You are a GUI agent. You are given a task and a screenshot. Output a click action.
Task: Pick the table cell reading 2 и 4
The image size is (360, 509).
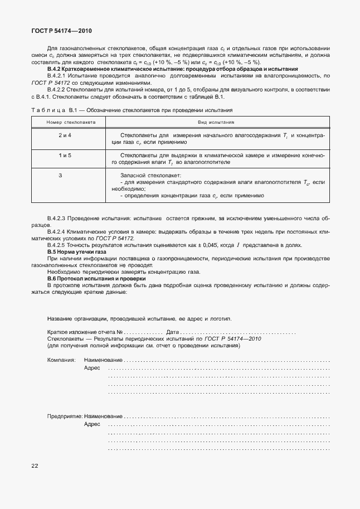(x=65, y=135)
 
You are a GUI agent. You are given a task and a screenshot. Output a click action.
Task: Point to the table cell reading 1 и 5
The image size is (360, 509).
(x=65, y=156)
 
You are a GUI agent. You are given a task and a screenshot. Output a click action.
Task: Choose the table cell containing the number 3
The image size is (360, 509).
(x=60, y=176)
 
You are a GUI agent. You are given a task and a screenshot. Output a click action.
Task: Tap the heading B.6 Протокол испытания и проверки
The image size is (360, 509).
(x=97, y=278)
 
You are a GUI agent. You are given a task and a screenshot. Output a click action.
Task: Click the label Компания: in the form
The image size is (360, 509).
(x=61, y=360)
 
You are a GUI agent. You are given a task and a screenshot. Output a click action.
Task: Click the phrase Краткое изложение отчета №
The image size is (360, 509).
(x=85, y=332)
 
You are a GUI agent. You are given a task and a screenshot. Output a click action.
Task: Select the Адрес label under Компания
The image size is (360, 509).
(x=92, y=369)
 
